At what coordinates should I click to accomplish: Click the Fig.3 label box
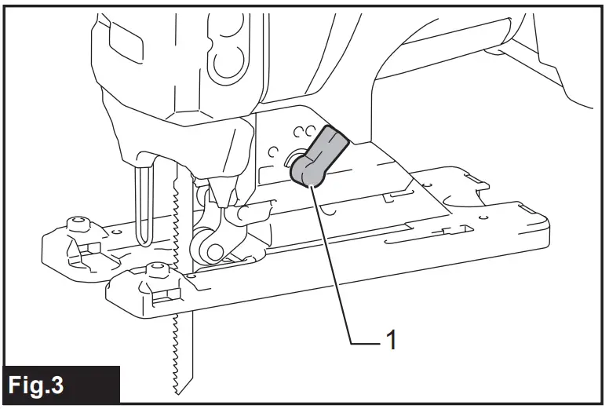[62, 385]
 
